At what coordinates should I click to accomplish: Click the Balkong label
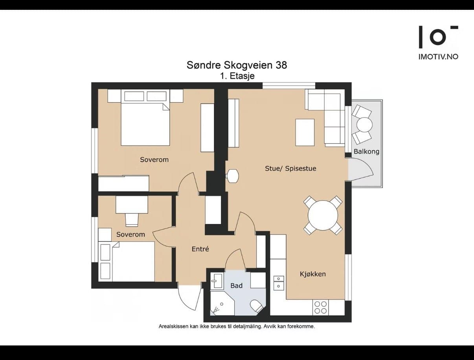pyautogui.click(x=366, y=152)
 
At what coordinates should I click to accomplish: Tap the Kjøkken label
pyautogui.click(x=313, y=274)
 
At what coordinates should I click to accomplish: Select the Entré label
pyautogui.click(x=200, y=249)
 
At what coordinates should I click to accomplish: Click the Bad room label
pyautogui.click(x=237, y=286)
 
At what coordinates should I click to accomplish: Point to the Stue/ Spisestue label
pyautogui.click(x=290, y=168)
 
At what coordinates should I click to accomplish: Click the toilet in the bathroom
pyautogui.click(x=257, y=306)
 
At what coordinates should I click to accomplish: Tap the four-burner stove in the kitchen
pyautogui.click(x=320, y=308)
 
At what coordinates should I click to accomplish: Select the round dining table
pyautogui.click(x=323, y=216)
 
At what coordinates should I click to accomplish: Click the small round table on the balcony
pyautogui.click(x=364, y=125)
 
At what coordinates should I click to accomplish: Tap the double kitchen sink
pyautogui.click(x=279, y=283)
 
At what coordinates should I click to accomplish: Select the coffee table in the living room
pyautogui.click(x=305, y=132)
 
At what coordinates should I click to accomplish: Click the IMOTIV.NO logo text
pyautogui.click(x=438, y=57)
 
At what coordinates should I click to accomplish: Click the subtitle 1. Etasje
pyautogui.click(x=237, y=76)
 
